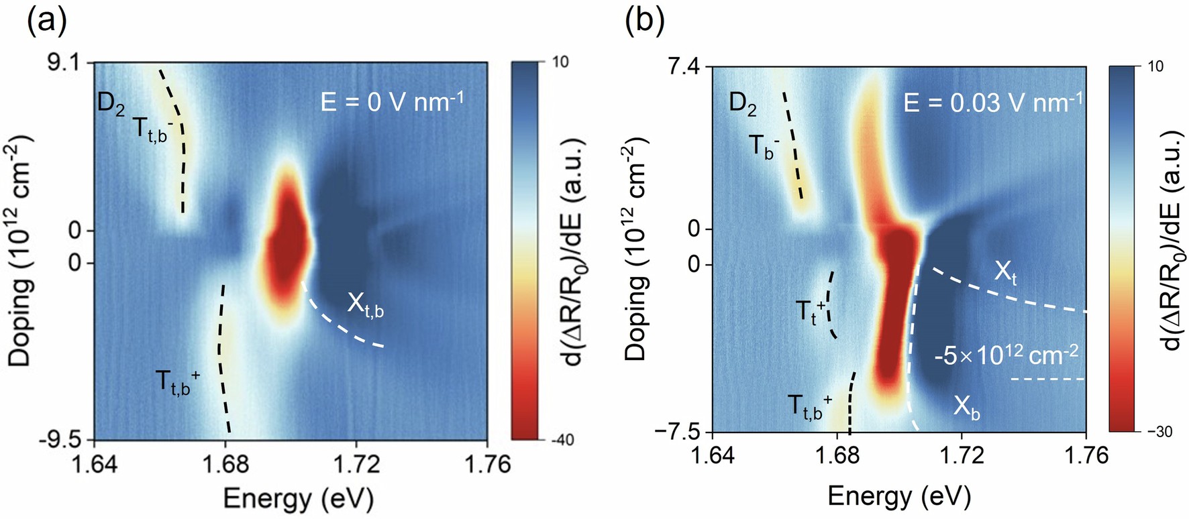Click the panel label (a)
(46, 21)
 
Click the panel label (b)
(644, 21)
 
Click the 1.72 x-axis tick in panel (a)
(356, 465)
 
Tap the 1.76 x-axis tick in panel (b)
(1086, 457)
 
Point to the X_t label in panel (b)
(1004, 273)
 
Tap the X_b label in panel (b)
(966, 407)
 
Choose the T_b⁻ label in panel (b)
(764, 146)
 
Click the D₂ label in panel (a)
(111, 106)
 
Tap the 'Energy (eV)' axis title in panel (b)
(898, 496)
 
